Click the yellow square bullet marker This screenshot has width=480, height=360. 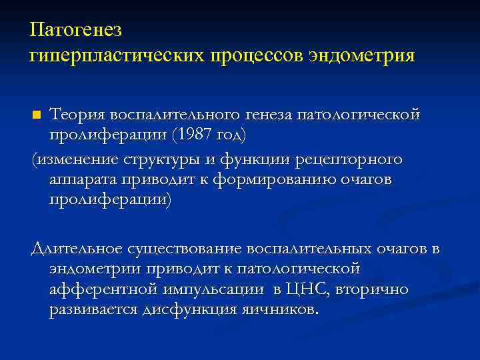(37, 115)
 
